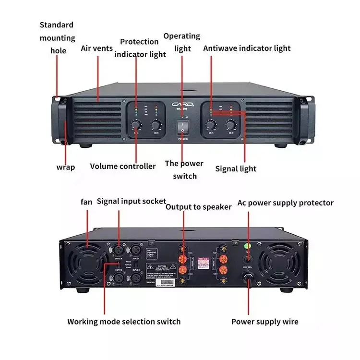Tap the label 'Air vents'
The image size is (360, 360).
click(x=96, y=48)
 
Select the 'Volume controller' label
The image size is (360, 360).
click(x=123, y=166)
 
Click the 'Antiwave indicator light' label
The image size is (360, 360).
click(x=247, y=48)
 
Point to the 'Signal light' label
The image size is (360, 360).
click(x=235, y=168)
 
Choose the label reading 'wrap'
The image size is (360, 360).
click(x=66, y=167)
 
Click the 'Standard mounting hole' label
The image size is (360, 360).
click(x=57, y=37)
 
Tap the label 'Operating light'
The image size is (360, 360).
click(x=181, y=42)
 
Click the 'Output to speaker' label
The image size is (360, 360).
click(x=198, y=207)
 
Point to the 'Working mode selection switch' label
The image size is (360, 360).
click(x=124, y=321)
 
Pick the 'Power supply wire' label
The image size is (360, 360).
click(x=264, y=322)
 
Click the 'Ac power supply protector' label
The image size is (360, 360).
click(x=285, y=203)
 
